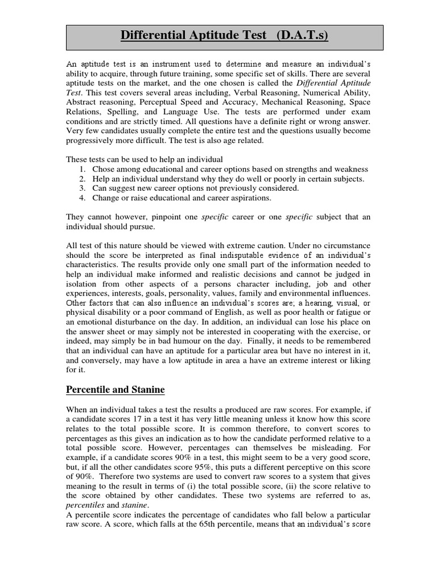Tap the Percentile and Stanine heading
(x=116, y=390)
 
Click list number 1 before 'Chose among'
(x=83, y=169)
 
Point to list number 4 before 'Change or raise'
(x=83, y=198)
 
